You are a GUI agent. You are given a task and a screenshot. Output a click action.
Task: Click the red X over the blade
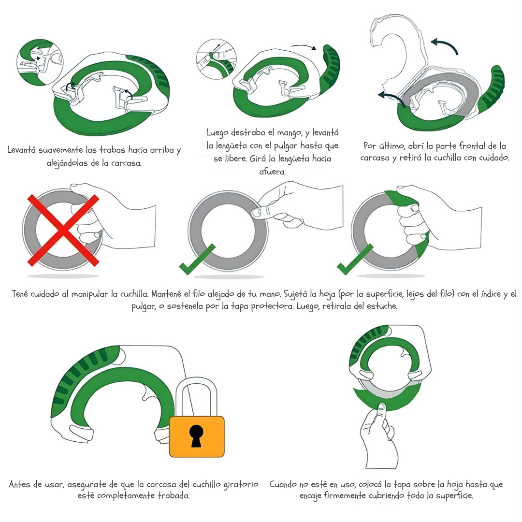click(63, 231)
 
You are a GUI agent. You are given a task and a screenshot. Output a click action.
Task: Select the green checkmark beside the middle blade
click(197, 260)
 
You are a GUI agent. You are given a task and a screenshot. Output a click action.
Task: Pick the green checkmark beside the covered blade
click(355, 260)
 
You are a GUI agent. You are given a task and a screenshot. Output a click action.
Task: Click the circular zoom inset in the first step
click(40, 62)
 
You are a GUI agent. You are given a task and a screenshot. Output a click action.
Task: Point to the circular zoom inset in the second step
click(217, 59)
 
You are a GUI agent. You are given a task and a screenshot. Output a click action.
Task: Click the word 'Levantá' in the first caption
click(21, 150)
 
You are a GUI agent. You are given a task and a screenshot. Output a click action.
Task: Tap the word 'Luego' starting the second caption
click(217, 133)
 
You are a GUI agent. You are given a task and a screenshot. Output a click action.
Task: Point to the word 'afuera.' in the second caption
click(272, 172)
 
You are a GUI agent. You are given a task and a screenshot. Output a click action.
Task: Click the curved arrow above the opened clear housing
click(445, 46)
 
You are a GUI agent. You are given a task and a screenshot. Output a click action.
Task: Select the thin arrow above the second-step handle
click(304, 47)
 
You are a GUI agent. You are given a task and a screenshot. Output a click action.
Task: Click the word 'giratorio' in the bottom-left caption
click(241, 485)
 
